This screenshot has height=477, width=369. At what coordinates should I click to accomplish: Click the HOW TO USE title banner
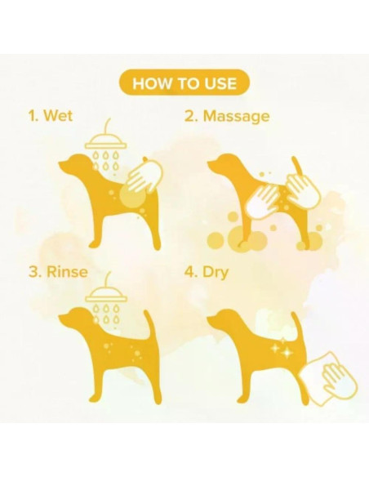pyautogui.click(x=184, y=82)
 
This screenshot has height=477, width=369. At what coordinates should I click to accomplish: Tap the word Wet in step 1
pyautogui.click(x=58, y=116)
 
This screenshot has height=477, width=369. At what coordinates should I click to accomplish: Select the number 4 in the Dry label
pyautogui.click(x=191, y=270)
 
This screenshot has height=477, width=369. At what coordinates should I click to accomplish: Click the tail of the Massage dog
pyautogui.click(x=299, y=163)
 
